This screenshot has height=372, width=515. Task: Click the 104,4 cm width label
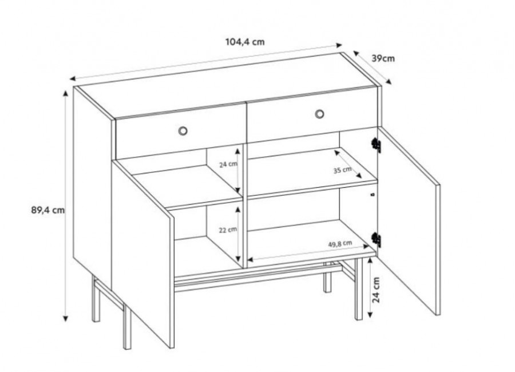coord(245,42)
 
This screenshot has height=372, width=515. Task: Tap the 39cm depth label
coord(383,58)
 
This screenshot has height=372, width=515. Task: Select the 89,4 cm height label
coord(48,210)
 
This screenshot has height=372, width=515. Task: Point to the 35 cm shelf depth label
coord(342,170)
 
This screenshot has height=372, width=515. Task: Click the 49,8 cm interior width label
coord(340,244)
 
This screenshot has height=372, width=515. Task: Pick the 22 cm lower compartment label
coord(228,229)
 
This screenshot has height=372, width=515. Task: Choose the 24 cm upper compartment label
coord(228,164)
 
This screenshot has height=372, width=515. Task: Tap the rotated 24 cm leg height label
coord(376,290)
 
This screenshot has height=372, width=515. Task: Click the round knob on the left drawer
coord(183,131)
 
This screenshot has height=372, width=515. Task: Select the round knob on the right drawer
coord(319,114)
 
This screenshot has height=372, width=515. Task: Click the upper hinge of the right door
coord(376,145)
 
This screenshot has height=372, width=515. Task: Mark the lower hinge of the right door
coord(376,240)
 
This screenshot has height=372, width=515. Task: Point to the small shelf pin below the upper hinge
coord(373,195)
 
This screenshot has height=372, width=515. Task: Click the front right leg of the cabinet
coord(359,288)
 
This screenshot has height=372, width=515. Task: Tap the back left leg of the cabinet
coord(96,299)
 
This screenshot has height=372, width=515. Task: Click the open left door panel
coord(143,253)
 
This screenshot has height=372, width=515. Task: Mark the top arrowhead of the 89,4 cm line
coord(65,93)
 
